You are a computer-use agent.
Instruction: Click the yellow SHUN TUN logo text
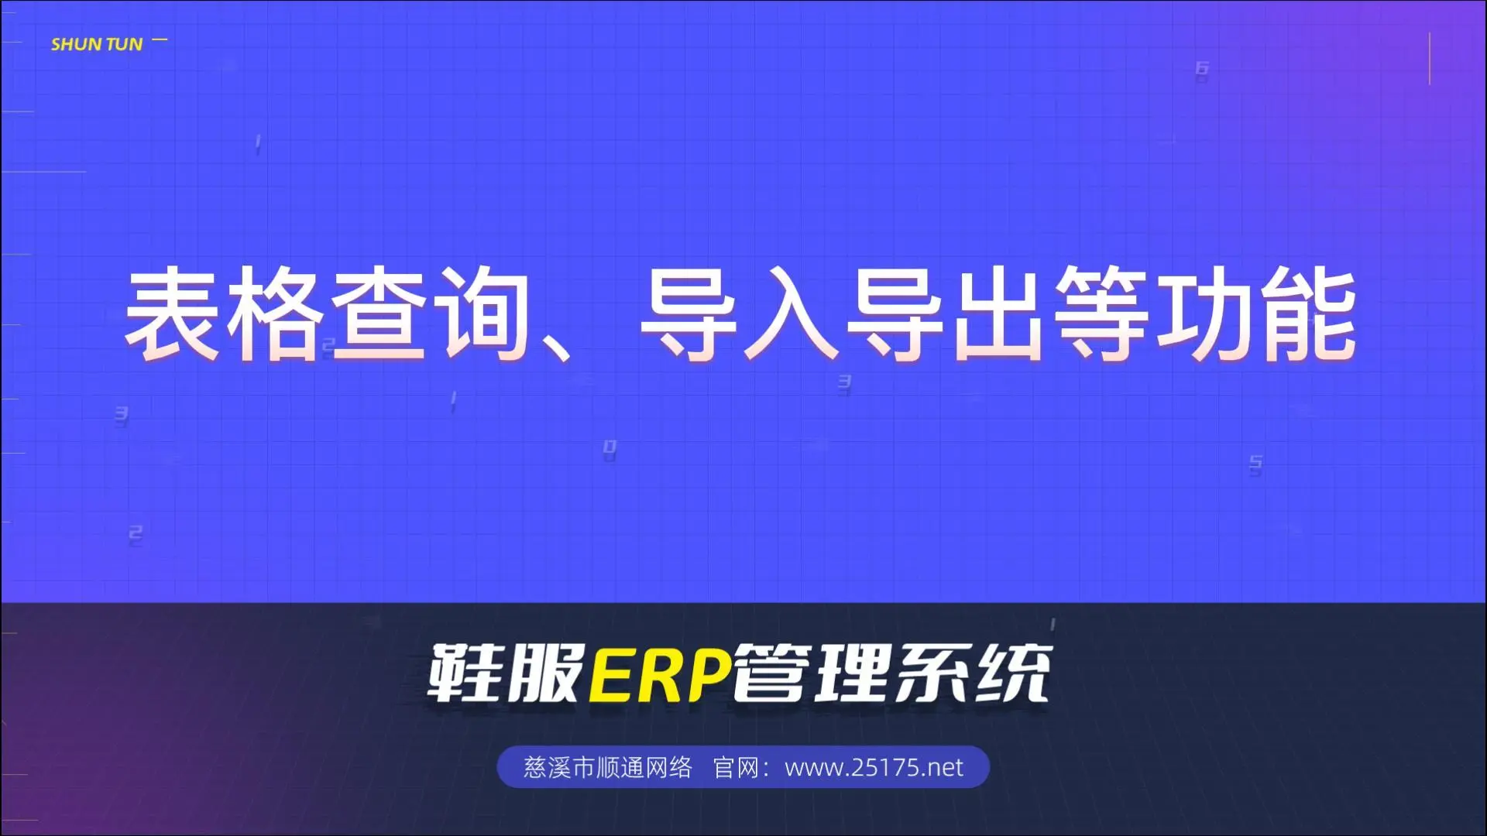tap(97, 44)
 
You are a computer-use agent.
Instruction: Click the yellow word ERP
tap(661, 674)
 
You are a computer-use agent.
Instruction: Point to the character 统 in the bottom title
tap(1014, 673)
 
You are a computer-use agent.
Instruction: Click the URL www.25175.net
tap(874, 767)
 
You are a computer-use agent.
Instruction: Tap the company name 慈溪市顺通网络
tap(607, 767)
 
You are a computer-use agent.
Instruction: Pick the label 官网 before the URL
tap(735, 767)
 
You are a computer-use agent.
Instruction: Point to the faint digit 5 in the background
tap(1255, 464)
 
